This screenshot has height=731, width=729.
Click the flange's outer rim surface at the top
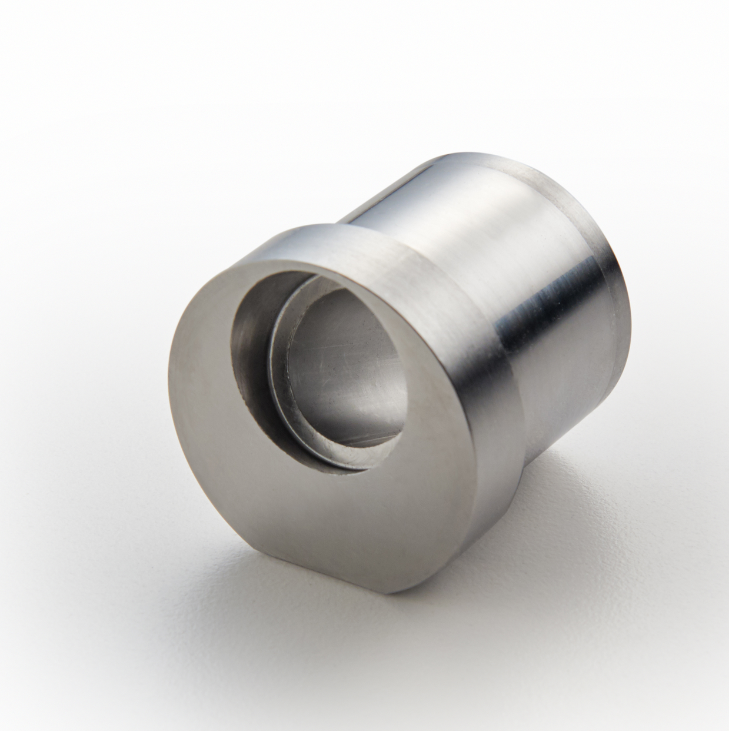329,241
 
